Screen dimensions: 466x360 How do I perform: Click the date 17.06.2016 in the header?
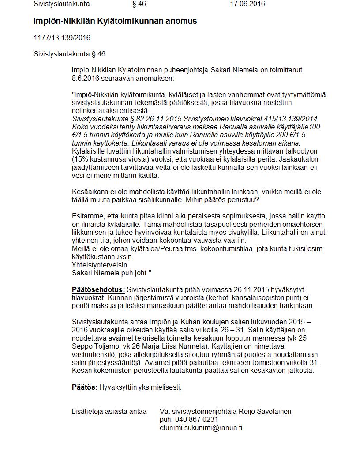click(247, 4)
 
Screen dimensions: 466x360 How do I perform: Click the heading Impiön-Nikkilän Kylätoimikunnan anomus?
click(115, 21)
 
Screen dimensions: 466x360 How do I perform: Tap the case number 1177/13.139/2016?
click(62, 38)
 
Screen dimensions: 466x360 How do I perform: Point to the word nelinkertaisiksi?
click(95, 110)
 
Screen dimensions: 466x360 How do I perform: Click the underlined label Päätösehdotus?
click(98, 289)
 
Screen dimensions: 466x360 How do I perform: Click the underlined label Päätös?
click(85, 387)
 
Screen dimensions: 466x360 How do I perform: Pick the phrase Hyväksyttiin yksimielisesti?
click(140, 387)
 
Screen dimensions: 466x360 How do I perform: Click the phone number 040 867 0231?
click(196, 419)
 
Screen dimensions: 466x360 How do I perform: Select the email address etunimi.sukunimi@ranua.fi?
click(201, 428)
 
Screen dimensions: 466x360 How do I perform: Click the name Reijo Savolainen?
click(265, 411)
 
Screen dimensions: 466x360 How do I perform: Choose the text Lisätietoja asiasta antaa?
click(109, 411)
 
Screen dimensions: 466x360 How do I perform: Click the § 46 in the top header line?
click(139, 4)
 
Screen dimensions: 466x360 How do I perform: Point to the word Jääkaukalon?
click(301, 159)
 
